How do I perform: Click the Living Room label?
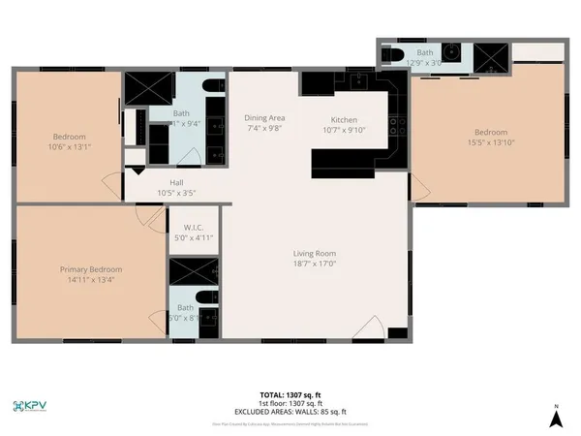(x=315, y=253)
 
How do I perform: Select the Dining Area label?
(x=262, y=117)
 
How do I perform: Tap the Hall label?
(x=176, y=182)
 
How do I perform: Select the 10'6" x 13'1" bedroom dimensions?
(x=70, y=146)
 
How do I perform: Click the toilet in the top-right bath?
(x=393, y=56)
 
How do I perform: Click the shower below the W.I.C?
(x=194, y=271)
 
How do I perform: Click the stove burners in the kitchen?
(x=394, y=124)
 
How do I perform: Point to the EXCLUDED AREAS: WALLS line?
(x=290, y=414)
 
